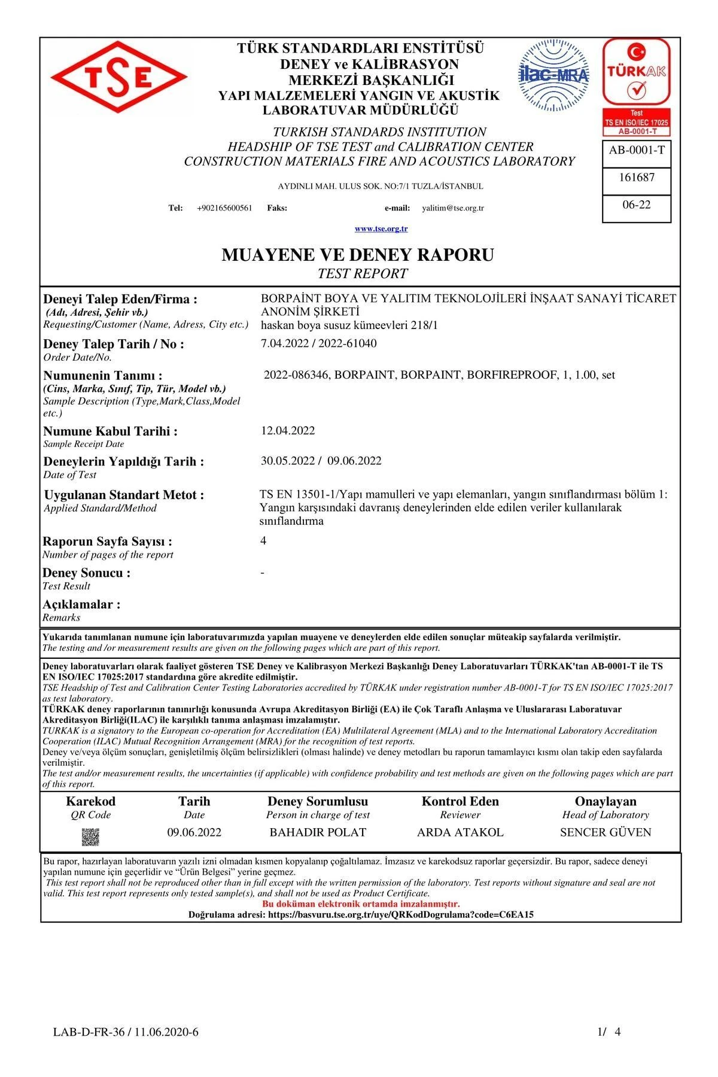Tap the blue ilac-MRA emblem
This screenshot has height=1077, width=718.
(x=553, y=75)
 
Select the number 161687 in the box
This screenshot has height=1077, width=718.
(x=636, y=177)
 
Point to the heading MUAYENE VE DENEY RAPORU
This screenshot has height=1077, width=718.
(x=358, y=255)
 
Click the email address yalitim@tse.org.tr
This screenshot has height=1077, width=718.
(x=453, y=208)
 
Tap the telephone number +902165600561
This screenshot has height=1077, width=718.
(x=224, y=208)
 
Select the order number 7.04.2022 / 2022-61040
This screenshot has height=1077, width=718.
(x=319, y=343)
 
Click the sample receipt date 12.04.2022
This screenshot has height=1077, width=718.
(x=288, y=431)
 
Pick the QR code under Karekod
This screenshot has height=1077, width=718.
(x=90, y=836)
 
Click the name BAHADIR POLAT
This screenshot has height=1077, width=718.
(x=318, y=832)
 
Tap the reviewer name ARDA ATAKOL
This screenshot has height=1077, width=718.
(x=460, y=832)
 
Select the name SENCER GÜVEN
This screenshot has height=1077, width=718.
(x=606, y=832)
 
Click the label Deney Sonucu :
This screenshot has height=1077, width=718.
(x=87, y=573)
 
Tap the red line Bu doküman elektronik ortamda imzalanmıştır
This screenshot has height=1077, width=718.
(x=361, y=904)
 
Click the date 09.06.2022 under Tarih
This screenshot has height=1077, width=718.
(x=194, y=832)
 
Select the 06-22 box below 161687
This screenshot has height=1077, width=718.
(x=636, y=205)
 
